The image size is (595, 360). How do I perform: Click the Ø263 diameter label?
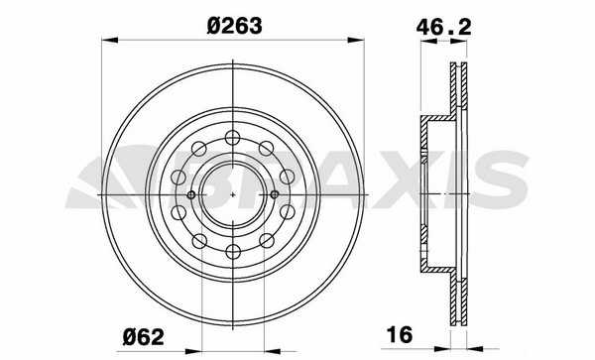(234, 26)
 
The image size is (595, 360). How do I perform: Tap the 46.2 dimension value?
(443, 28)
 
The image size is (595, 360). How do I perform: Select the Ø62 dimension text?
(144, 337)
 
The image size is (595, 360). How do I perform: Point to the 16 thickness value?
(400, 334)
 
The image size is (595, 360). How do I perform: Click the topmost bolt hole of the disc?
(233, 137)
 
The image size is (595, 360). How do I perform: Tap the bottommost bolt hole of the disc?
(233, 252)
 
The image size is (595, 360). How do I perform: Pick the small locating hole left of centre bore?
(191, 195)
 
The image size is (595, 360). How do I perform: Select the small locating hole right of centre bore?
(275, 195)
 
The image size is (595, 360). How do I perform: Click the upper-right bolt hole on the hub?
(267, 149)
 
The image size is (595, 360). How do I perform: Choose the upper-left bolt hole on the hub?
(199, 149)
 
